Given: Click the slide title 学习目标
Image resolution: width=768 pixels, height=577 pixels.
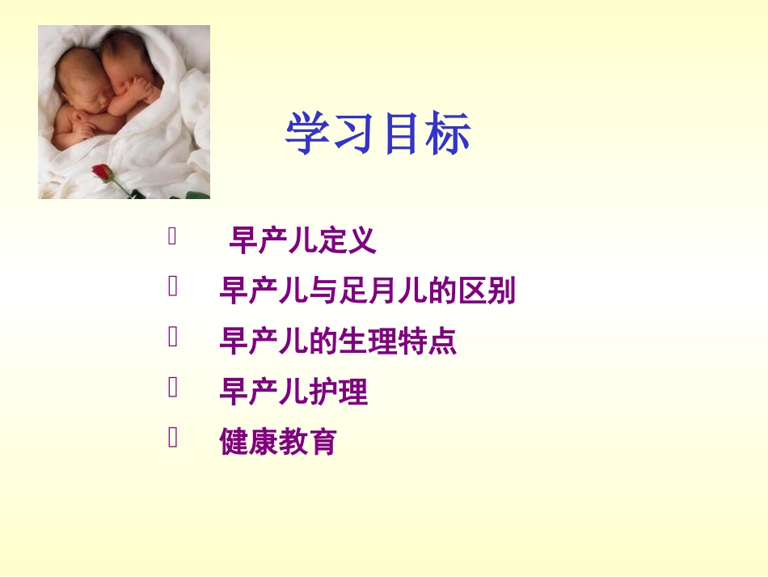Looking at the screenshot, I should pyautogui.click(x=378, y=134).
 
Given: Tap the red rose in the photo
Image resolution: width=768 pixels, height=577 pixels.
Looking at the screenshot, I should pyautogui.click(x=101, y=172).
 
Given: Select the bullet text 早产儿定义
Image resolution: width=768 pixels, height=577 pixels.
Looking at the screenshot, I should pyautogui.click(x=302, y=240).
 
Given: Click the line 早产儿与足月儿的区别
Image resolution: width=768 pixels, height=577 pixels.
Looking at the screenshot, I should pyautogui.click(x=367, y=291).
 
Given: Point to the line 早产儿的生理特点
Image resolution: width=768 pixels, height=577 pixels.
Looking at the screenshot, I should pyautogui.click(x=338, y=341).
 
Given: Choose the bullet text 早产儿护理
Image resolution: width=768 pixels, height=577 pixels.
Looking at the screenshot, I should pyautogui.click(x=293, y=392).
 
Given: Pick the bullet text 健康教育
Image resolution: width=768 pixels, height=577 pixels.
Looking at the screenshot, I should pyautogui.click(x=278, y=442).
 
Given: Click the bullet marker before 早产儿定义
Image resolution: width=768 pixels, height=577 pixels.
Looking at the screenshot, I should pyautogui.click(x=172, y=236).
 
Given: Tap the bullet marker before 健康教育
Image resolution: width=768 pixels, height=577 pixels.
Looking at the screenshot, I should pyautogui.click(x=172, y=438).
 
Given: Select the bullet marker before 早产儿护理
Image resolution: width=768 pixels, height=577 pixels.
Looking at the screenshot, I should pyautogui.click(x=172, y=388).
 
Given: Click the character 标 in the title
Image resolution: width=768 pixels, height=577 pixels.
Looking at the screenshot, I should pyautogui.click(x=449, y=134).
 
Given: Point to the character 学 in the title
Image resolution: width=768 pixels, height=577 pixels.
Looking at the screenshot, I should pyautogui.click(x=307, y=134).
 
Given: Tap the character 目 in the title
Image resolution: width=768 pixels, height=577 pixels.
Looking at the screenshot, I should pyautogui.click(x=402, y=134).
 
